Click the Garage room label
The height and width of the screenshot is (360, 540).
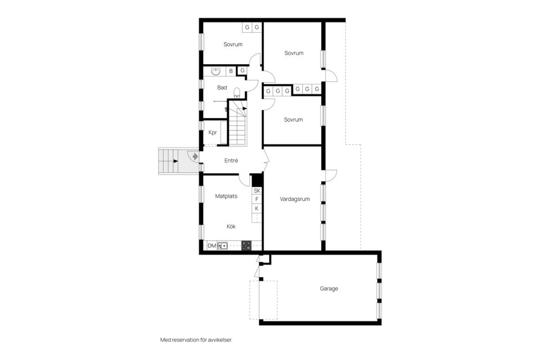[329, 289]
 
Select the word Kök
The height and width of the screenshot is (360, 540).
[231, 226]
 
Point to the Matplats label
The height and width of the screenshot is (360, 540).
[226, 196]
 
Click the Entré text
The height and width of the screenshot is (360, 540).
[231, 160]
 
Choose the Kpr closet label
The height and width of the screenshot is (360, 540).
[213, 133]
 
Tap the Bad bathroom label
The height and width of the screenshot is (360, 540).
[222, 88]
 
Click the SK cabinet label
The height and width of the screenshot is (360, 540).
[257, 191]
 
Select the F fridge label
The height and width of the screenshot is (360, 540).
[257, 199]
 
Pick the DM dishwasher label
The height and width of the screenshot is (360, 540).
[211, 246]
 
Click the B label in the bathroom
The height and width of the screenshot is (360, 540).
[231, 71]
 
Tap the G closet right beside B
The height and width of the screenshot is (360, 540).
[241, 71]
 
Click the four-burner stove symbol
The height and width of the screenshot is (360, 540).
[246, 245]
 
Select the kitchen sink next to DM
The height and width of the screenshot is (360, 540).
[223, 246]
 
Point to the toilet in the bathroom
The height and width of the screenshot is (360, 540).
[237, 92]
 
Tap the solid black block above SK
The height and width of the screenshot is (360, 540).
[257, 180]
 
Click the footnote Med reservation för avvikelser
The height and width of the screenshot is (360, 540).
[196, 340]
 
